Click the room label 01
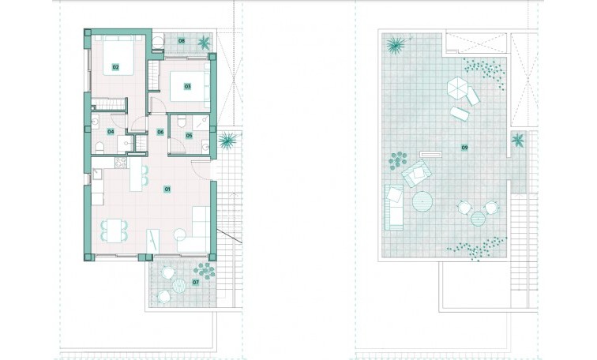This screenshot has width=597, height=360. point(167,189)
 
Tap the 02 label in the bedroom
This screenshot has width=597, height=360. point(115,67)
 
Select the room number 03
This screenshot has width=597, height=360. point(188,86)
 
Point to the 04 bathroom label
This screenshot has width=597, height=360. point(111,131)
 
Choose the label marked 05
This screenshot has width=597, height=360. point(189,136)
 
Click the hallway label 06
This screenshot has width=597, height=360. point(160,132)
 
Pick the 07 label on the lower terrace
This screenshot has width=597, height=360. point(196,282)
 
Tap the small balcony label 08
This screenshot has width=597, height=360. point(181,40)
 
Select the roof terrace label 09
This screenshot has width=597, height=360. point(464,147)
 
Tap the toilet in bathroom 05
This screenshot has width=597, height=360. point(182,122)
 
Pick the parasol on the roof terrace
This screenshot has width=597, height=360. point(457,88)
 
